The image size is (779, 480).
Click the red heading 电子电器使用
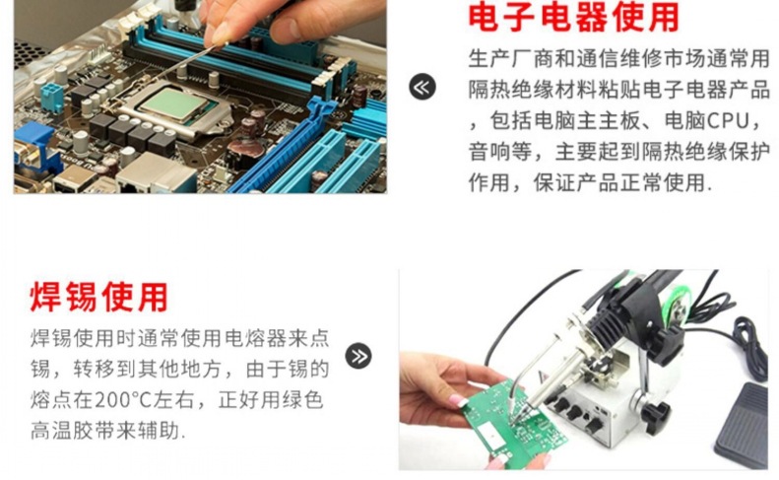[x=574, y=18]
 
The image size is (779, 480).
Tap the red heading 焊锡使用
[x=98, y=297]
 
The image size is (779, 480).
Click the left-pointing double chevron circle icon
[x=422, y=87]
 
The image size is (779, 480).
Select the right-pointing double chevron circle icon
[x=358, y=356]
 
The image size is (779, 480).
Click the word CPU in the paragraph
[x=729, y=121]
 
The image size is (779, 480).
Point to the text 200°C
[x=123, y=400]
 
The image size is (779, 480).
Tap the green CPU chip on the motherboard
[x=173, y=103]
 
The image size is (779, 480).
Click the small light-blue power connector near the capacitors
[x=51, y=96]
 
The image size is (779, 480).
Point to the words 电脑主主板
[x=587, y=121]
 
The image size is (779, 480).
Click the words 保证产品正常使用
[x=619, y=182]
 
